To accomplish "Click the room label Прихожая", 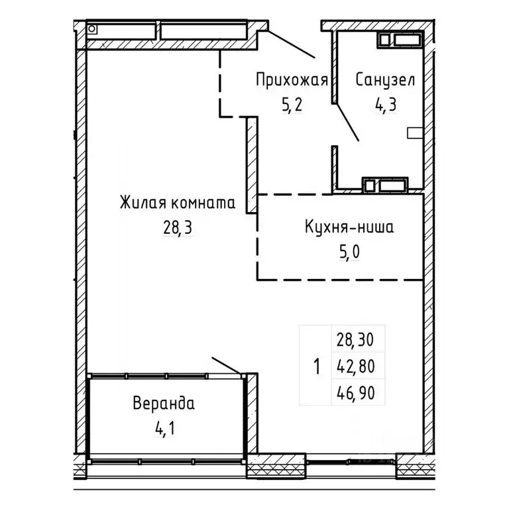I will click(x=292, y=81).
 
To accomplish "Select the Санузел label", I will click(x=385, y=81).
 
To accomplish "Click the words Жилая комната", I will click(x=177, y=202).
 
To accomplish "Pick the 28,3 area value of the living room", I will click(x=177, y=227).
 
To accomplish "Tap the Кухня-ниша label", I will click(x=349, y=227).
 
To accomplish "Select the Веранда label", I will click(x=163, y=403).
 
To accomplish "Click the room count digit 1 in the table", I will click(x=316, y=366).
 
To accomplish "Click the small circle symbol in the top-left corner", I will click(x=92, y=29).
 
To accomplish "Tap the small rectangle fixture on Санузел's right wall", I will click(x=414, y=133).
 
